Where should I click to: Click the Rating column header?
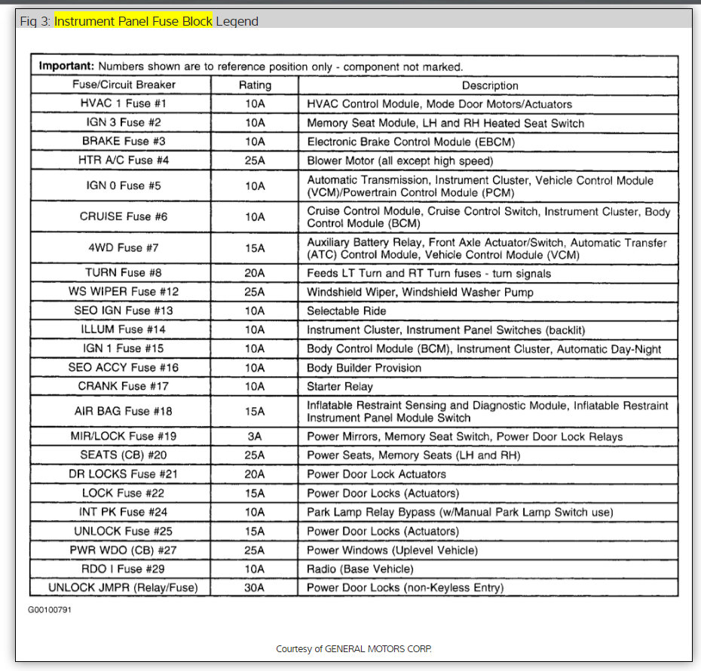[255, 85]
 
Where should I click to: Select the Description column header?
[490, 85]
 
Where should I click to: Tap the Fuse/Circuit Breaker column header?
[123, 85]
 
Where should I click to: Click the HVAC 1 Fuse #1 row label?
[123, 103]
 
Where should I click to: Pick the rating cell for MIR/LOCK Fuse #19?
[255, 437]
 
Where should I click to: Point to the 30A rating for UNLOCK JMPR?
[255, 587]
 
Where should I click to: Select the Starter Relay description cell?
[340, 386]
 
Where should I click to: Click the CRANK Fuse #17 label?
[123, 386]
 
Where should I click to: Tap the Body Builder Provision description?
[364, 367]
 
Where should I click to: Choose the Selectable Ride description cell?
[347, 311]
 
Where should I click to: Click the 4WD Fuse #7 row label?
[123, 247]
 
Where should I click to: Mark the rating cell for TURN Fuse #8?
[255, 273]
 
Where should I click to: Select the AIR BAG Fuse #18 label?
[123, 411]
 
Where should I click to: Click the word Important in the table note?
[66, 66]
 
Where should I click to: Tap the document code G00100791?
[51, 608]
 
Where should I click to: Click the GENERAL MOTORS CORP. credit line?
[354, 649]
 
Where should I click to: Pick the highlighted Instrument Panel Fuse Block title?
[133, 21]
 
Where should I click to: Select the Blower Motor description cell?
[399, 160]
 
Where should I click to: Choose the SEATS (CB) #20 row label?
[123, 455]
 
